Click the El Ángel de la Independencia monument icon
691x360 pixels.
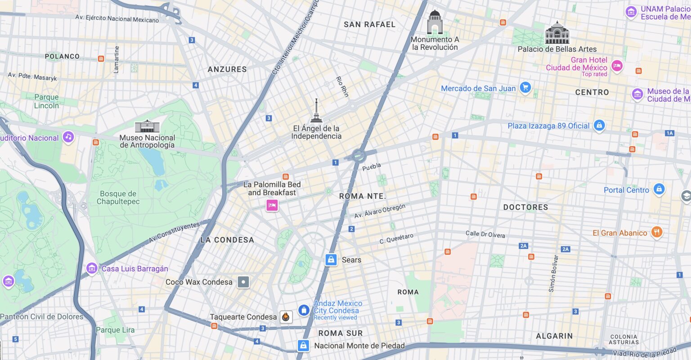click(x=316, y=111)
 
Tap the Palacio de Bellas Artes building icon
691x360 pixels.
click(x=557, y=33)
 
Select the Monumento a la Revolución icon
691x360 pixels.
click(x=435, y=22)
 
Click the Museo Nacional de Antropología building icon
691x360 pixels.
click(x=147, y=126)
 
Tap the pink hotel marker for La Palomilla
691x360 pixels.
click(x=272, y=206)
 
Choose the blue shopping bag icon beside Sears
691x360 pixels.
click(x=331, y=260)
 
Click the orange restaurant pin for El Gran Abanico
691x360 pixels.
click(x=657, y=232)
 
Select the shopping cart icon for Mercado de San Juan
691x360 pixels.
click(x=525, y=88)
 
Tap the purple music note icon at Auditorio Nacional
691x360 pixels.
click(x=68, y=137)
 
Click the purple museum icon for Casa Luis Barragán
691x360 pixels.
click(x=92, y=269)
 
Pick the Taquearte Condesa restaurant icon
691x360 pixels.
click(x=286, y=317)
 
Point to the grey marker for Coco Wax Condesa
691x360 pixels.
click(x=243, y=282)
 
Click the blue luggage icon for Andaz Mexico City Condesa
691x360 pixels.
click(x=304, y=310)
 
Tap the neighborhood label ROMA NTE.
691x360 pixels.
click(x=362, y=196)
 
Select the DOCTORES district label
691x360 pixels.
click(x=525, y=207)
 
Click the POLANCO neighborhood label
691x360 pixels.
click(x=62, y=56)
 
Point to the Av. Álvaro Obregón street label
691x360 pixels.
click(x=380, y=211)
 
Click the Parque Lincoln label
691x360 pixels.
click(x=46, y=101)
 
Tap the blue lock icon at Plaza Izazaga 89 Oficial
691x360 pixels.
click(x=599, y=126)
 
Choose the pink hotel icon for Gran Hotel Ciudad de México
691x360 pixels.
click(x=617, y=66)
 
